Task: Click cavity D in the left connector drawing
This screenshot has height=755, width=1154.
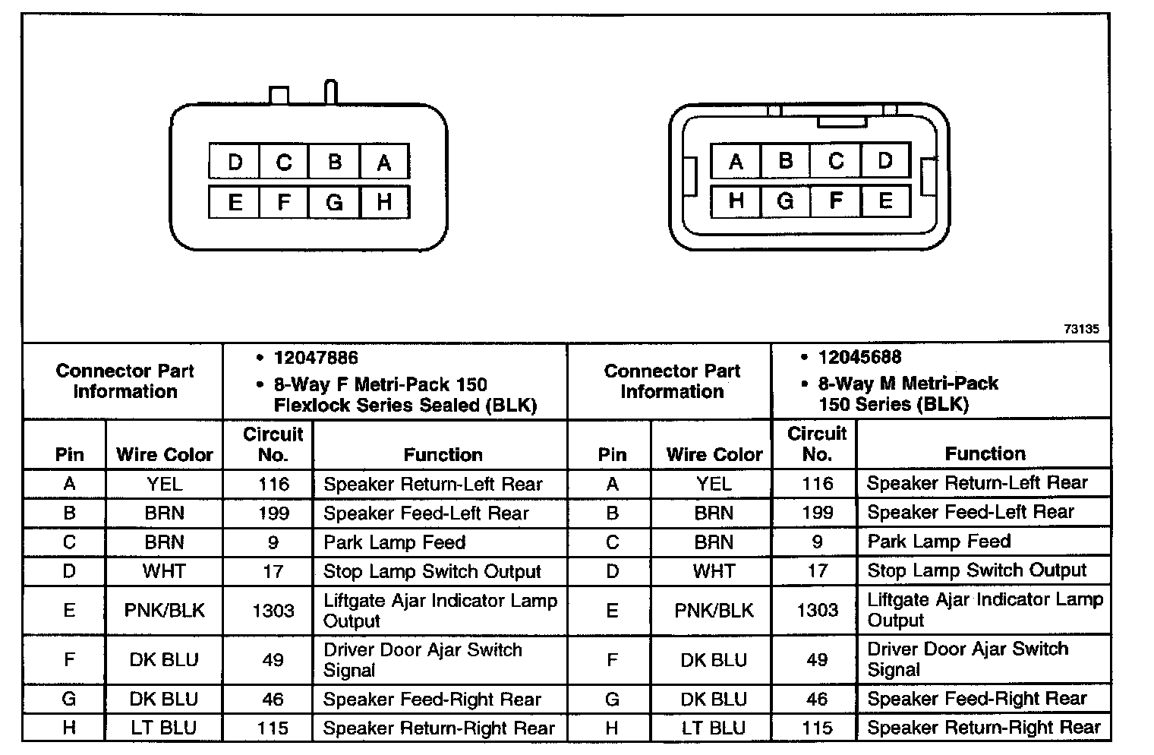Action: [x=235, y=162]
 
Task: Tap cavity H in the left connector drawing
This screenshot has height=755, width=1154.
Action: [x=384, y=202]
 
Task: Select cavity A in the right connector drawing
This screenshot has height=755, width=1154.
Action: [x=736, y=161]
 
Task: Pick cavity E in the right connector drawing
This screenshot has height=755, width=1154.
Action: [x=885, y=201]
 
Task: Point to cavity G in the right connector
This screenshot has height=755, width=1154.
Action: [x=786, y=201]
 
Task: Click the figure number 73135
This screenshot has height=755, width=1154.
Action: [x=1081, y=329]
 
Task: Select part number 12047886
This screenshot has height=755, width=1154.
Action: [x=316, y=358]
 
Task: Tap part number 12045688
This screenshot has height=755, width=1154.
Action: [x=859, y=357]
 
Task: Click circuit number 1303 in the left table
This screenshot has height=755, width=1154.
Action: [x=273, y=611]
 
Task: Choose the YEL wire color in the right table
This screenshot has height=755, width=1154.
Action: [x=714, y=484]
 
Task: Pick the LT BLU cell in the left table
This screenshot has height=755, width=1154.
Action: [x=163, y=728]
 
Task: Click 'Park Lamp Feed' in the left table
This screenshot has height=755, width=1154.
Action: [x=394, y=542]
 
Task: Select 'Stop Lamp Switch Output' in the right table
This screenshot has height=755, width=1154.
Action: [x=976, y=570]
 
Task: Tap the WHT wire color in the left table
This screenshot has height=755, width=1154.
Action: [x=164, y=571]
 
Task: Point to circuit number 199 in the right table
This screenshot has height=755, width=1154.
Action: [x=817, y=513]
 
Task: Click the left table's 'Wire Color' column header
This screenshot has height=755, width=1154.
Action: [x=164, y=455]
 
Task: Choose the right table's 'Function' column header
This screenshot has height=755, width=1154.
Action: [x=985, y=454]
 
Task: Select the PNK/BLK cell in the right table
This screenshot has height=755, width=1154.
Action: [x=714, y=610]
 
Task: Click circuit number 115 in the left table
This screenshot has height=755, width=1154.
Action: [x=273, y=728]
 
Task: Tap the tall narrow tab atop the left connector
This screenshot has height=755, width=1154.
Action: [x=330, y=92]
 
